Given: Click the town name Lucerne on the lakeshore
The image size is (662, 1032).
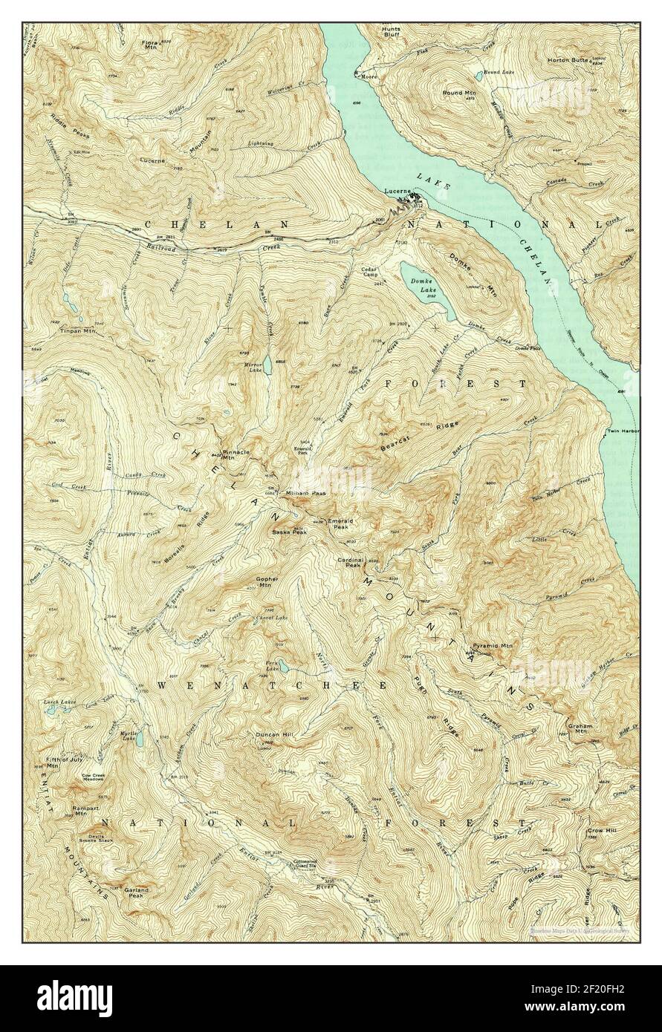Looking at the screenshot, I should click(397, 191).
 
